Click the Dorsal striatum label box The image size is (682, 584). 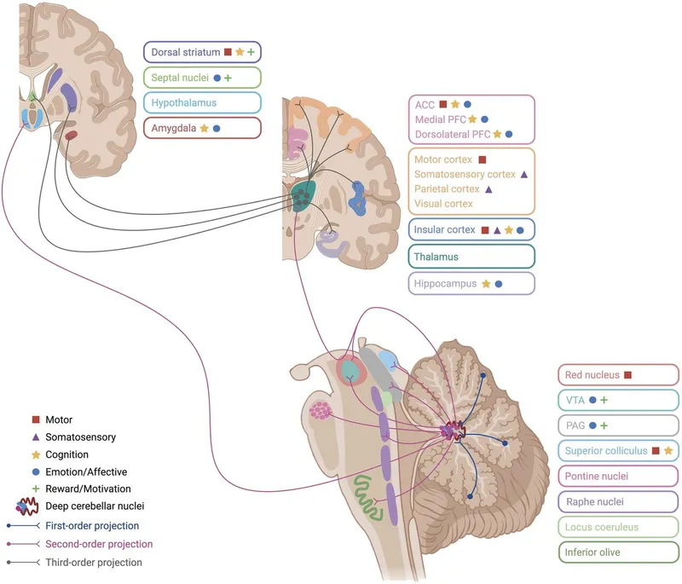point(201,53)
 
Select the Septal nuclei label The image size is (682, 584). point(201,78)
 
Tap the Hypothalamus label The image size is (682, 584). point(201,102)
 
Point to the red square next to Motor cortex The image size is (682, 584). point(482,159)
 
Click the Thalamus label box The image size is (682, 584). point(471,256)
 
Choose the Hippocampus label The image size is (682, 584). point(471,283)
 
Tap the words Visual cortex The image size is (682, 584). point(444,205)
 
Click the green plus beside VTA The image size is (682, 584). point(604,399)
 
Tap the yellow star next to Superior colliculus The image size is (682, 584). point(668,450)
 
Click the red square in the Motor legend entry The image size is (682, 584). point(35,419)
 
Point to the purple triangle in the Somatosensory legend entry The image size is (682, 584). point(35,437)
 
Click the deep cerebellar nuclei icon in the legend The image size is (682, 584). point(35,506)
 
